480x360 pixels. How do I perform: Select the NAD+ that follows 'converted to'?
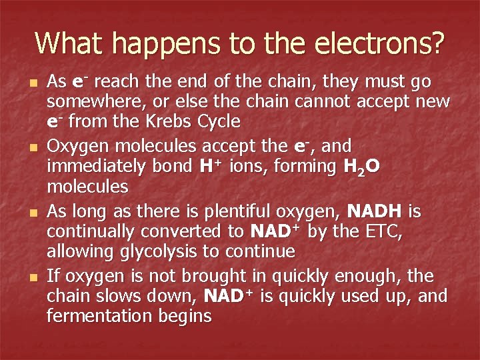274,231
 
